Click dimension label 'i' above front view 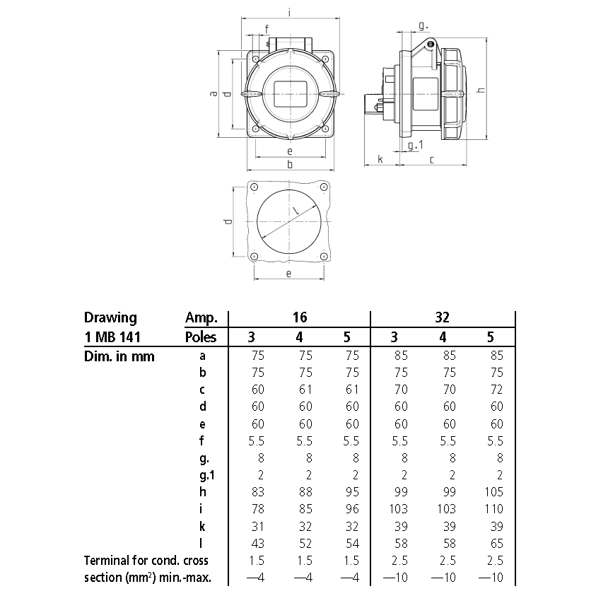click(291, 11)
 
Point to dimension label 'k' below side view click(380, 159)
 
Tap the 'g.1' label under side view click(416, 146)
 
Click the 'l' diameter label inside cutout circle click(296, 211)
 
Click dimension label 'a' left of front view click(214, 94)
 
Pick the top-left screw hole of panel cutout click(253, 187)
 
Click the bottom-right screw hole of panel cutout click(323, 256)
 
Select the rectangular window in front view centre click(290, 93)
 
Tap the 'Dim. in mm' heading click(119, 356)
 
